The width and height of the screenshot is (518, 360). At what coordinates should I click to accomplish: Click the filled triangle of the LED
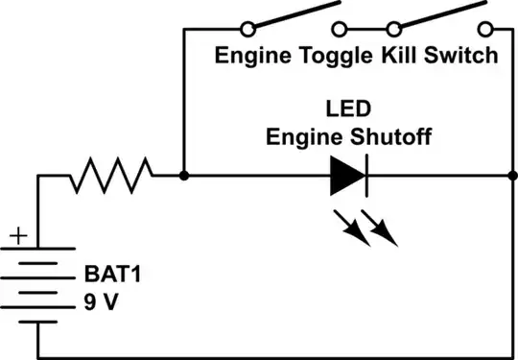click(345, 176)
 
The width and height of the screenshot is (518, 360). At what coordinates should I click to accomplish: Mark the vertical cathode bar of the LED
click(364, 176)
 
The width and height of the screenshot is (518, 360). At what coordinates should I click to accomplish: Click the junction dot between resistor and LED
click(182, 176)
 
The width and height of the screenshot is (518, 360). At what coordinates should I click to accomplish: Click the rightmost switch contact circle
click(488, 28)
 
